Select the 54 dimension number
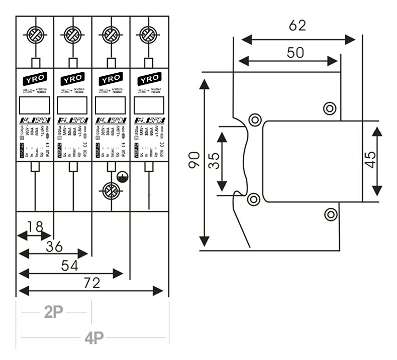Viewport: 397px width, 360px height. [69, 266]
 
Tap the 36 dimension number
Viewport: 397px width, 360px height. [54, 247]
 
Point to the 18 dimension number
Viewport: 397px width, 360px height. [35, 227]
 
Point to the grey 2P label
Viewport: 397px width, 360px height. [54, 312]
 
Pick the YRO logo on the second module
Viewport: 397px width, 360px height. [73, 79]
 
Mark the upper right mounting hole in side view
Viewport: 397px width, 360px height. [330, 107]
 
